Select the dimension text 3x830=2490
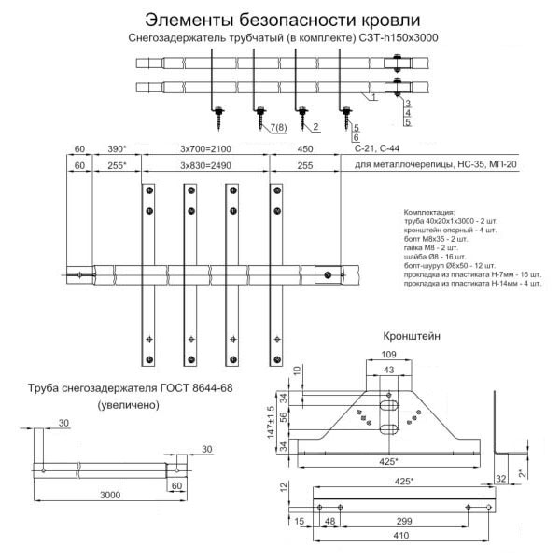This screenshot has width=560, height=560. (x=207, y=165)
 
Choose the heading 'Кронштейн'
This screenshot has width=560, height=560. (x=412, y=334)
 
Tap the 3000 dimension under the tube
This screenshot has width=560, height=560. (x=110, y=496)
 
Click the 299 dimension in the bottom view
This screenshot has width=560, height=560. (x=403, y=521)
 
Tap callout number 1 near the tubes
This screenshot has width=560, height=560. (x=373, y=96)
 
